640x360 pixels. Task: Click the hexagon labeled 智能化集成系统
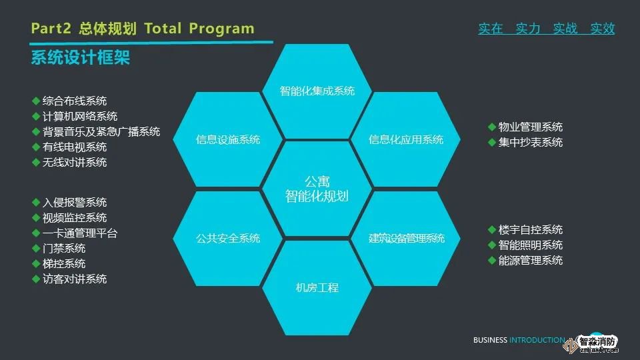317,91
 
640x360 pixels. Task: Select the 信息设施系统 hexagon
228,139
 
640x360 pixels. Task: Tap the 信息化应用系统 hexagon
406,139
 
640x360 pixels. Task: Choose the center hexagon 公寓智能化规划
317,189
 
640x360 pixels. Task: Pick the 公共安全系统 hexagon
228,239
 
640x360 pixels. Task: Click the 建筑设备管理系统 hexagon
406,239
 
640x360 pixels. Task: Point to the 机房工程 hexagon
317,288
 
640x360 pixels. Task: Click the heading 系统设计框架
81,57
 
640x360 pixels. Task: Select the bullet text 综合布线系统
75,101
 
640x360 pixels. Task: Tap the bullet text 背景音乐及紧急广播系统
101,132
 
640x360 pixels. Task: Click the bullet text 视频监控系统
75,218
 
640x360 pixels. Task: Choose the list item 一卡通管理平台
80,233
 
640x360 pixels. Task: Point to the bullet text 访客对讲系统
75,279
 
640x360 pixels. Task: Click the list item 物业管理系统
531,127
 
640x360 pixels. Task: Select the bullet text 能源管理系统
531,261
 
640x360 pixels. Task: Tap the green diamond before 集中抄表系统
492,143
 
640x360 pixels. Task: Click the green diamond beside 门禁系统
36,249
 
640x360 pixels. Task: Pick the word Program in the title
221,29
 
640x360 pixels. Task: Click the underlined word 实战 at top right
565,29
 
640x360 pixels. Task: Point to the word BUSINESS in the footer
490,340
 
